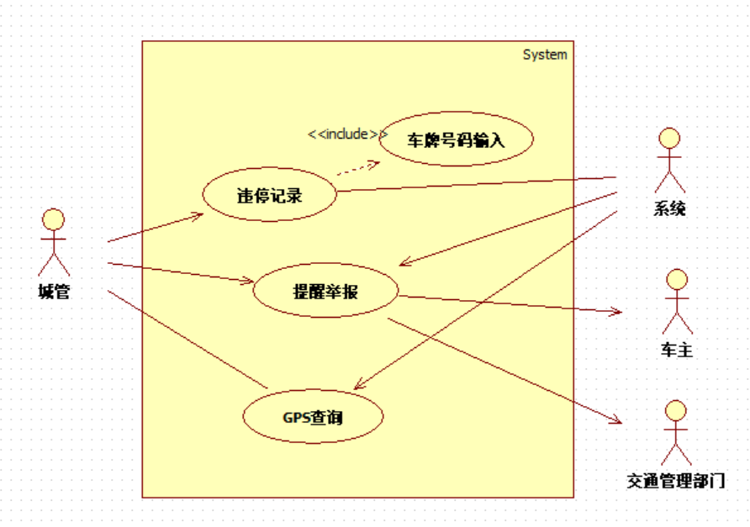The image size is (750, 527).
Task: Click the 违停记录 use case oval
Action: click(x=269, y=196)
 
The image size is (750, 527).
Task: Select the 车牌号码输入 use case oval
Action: click(x=457, y=140)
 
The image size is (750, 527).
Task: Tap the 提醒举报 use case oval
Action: click(x=325, y=292)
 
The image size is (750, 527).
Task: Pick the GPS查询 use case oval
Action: click(x=313, y=416)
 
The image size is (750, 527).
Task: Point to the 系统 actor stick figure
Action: click(x=669, y=160)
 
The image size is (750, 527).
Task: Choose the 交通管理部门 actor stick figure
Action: click(x=675, y=433)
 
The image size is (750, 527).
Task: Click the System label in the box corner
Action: click(x=545, y=55)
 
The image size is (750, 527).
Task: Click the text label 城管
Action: click(x=54, y=292)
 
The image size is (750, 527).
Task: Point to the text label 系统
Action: click(x=669, y=208)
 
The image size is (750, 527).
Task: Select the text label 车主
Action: click(x=677, y=350)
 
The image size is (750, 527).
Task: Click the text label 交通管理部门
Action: click(x=675, y=482)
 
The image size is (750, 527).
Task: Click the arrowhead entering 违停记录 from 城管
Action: click(x=198, y=216)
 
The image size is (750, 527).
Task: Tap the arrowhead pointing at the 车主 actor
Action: click(x=616, y=312)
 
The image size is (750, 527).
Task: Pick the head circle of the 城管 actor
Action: click(x=54, y=219)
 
